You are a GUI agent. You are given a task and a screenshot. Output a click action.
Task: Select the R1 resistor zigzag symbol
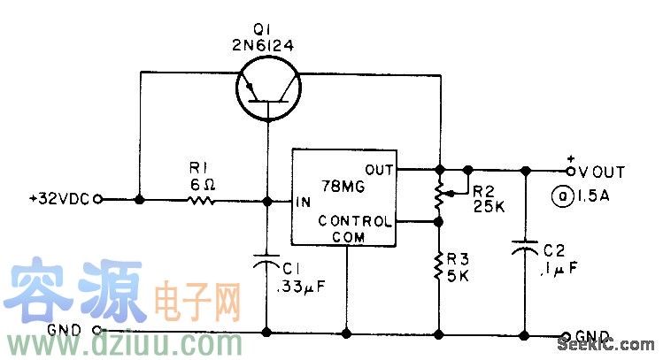pos(201,201)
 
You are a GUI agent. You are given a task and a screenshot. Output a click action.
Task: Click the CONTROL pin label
pos(352,219)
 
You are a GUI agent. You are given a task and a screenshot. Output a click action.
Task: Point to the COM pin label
pos(347,236)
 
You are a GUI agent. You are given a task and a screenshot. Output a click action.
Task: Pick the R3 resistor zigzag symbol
pos(439,265)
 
